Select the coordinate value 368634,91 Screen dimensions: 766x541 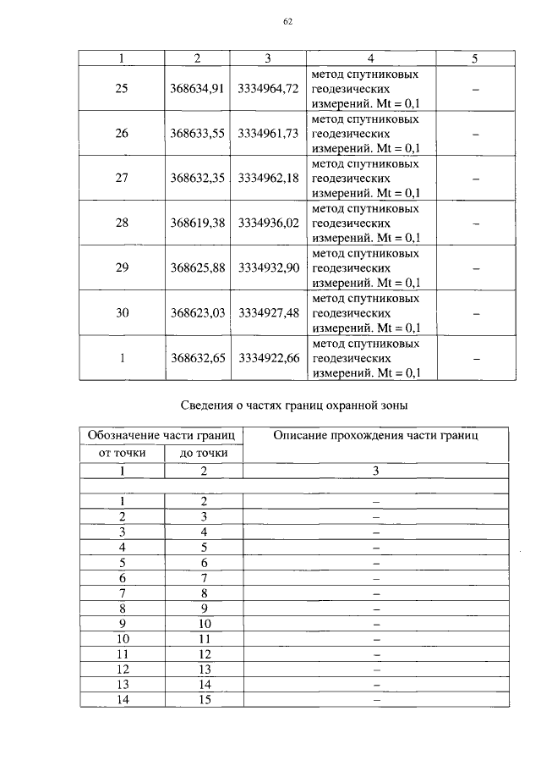[x=196, y=88]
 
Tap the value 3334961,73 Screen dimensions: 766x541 [x=269, y=133]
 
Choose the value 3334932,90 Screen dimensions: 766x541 [x=269, y=267]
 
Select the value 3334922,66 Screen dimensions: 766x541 [x=269, y=357]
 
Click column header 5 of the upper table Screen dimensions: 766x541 [x=475, y=58]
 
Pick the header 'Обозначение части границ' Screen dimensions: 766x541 [x=161, y=436]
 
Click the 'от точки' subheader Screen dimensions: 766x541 [x=123, y=454]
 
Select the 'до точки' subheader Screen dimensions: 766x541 [x=204, y=454]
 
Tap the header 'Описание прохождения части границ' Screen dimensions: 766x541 [x=375, y=436]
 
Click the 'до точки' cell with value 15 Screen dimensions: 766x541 [x=204, y=699]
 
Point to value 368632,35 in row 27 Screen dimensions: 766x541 [x=196, y=178]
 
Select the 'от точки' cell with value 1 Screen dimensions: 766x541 [x=123, y=501]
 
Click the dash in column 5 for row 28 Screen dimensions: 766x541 [x=475, y=223]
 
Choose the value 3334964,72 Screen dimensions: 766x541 [x=269, y=88]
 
